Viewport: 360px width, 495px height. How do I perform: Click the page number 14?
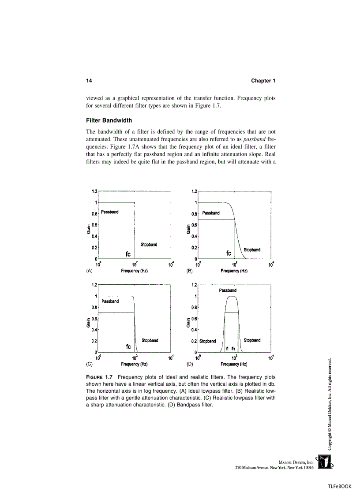(x=89, y=81)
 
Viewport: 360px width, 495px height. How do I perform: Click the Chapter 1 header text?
(x=263, y=81)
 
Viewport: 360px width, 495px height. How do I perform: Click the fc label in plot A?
(x=128, y=254)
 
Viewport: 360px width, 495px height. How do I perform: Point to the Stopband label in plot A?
(x=149, y=245)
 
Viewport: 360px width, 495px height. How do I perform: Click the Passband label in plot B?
(x=210, y=213)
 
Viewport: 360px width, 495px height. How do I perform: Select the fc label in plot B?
(x=229, y=253)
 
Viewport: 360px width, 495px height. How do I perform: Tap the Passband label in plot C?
(x=110, y=301)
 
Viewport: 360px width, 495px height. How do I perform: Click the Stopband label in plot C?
(x=150, y=340)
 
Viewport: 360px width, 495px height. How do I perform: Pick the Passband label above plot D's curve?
(x=228, y=290)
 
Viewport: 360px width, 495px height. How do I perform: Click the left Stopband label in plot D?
(x=207, y=341)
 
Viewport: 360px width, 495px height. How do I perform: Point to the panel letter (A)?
(x=89, y=271)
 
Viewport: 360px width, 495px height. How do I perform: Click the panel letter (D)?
(x=190, y=365)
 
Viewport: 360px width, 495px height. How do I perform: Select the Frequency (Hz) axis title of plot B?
(x=234, y=271)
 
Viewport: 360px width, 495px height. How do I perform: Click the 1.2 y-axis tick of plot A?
(x=94, y=191)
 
